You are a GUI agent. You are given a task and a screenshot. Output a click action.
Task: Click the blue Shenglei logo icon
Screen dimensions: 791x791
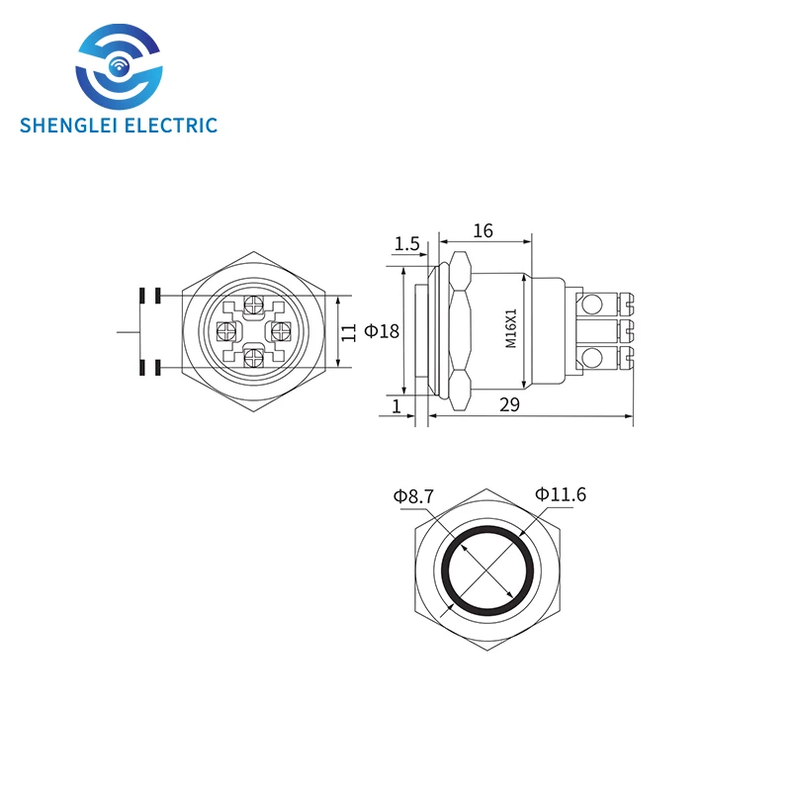click(x=118, y=69)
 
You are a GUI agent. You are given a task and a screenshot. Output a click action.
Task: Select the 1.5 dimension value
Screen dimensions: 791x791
click(x=407, y=243)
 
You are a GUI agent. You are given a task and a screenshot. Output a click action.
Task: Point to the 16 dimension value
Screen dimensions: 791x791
click(x=483, y=230)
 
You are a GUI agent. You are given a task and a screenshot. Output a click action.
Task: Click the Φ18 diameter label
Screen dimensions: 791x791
click(x=382, y=331)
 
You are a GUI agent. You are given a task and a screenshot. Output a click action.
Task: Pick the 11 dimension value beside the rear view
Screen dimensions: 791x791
click(x=348, y=331)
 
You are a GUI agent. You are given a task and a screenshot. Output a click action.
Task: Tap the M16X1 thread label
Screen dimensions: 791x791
click(x=511, y=328)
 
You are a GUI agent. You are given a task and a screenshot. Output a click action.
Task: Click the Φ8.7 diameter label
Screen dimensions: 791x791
click(x=413, y=496)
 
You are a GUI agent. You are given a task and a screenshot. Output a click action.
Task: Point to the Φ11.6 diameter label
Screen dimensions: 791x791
click(x=561, y=493)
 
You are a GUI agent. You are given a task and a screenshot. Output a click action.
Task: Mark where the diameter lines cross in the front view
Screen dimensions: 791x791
click(x=489, y=571)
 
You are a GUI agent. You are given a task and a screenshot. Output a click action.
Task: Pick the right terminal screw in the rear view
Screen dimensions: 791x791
click(x=277, y=330)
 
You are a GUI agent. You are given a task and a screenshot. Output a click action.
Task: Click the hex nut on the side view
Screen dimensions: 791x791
click(x=460, y=330)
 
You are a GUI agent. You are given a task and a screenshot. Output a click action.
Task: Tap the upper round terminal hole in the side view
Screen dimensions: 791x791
click(x=593, y=303)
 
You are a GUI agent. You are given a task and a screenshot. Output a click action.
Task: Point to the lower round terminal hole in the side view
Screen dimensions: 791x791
click(x=593, y=358)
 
